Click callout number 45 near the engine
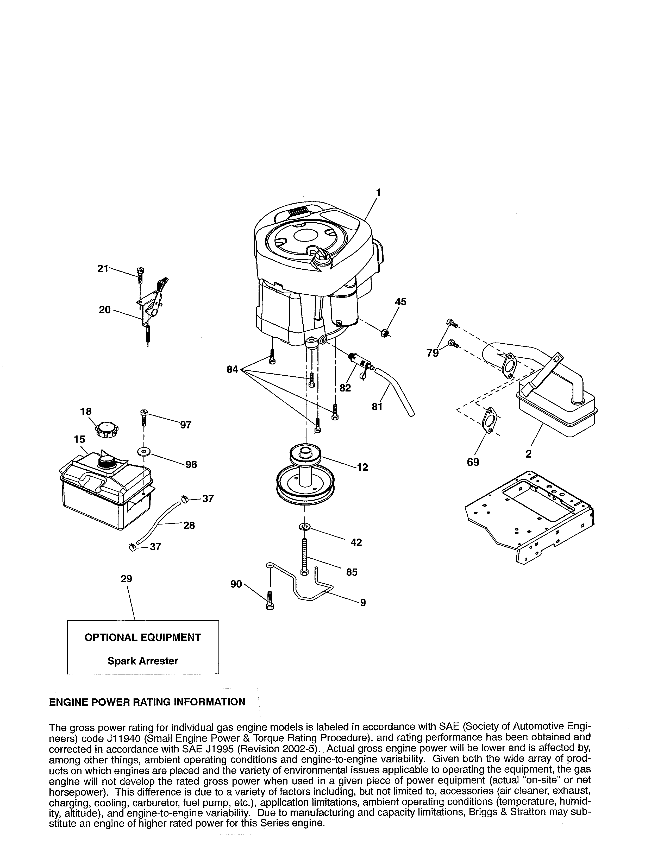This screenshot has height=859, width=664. [x=400, y=302]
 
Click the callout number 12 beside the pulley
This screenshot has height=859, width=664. [x=362, y=467]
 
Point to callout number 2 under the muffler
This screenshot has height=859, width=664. [x=528, y=454]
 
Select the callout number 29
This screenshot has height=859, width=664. [x=127, y=579]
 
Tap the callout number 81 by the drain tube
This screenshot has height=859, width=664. [x=377, y=407]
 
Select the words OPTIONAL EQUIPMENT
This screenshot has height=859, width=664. [x=143, y=637]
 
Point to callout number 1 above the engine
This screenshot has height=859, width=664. [x=378, y=192]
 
